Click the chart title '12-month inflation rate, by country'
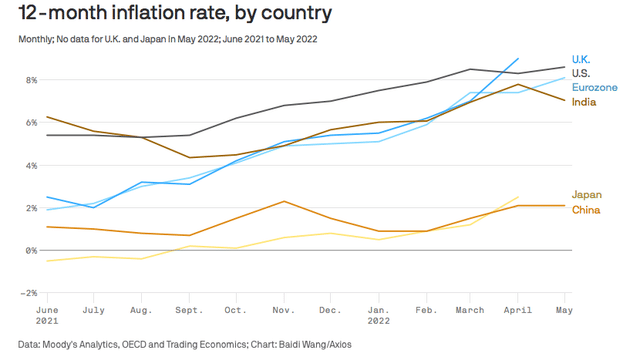click(175, 14)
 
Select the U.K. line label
click(581, 59)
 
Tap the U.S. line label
click(581, 74)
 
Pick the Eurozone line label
click(595, 88)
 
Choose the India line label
click(584, 102)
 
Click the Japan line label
click(586, 195)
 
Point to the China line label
click(586, 210)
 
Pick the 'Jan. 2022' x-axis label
click(379, 316)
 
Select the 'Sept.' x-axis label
click(189, 311)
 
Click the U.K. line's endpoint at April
click(518, 58)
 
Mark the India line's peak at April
click(518, 84)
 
